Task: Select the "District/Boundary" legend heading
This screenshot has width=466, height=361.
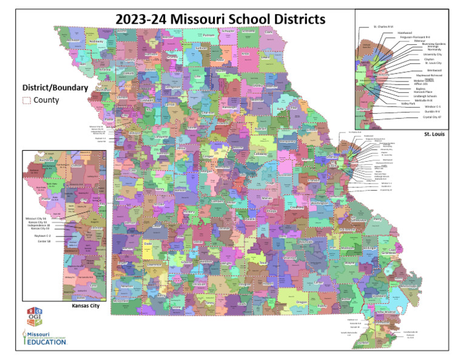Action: point(55,88)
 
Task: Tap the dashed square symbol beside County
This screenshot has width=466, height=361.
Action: point(26,100)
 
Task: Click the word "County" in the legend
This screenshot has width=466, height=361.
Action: point(46,100)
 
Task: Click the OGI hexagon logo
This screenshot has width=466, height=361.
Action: point(35,317)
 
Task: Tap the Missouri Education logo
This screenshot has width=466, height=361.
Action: point(44,337)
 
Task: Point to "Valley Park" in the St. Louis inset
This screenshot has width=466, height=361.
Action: point(410,103)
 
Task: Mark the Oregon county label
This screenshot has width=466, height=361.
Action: point(302,301)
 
